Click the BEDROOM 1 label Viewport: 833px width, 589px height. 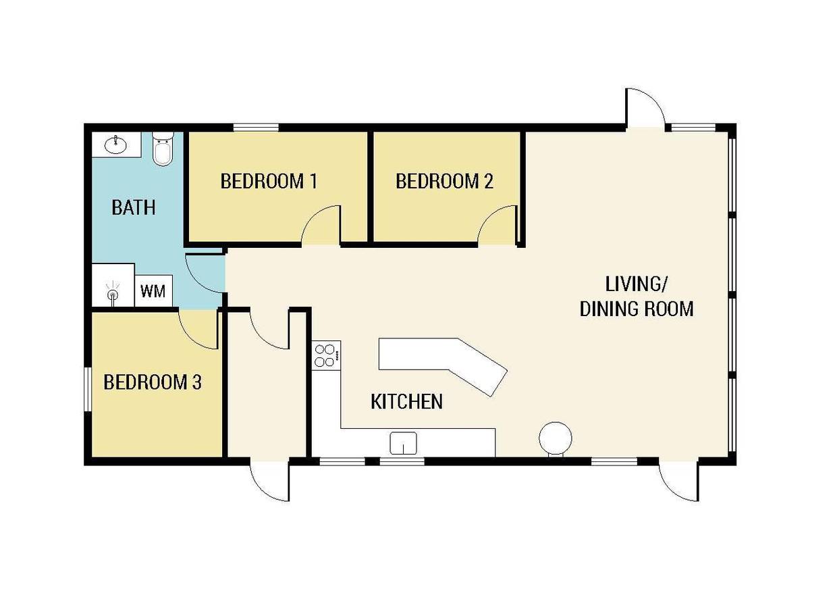point(269,181)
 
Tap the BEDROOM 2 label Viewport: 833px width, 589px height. point(444,181)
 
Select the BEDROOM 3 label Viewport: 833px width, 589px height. point(153,382)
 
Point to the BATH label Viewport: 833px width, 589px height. point(134,207)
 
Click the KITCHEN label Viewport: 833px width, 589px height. point(407,401)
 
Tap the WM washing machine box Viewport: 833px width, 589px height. point(153,290)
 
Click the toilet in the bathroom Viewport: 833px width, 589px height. point(163,149)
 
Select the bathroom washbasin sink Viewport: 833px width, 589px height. point(115,145)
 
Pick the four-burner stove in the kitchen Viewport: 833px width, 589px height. point(326,355)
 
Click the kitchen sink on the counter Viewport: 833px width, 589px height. point(403,443)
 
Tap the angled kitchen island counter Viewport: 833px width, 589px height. point(443,363)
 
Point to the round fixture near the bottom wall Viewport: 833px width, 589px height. point(556,438)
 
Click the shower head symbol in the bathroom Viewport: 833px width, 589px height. point(113,292)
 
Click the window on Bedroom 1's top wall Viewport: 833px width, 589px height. point(256,128)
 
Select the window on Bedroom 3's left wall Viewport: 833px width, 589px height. point(88,390)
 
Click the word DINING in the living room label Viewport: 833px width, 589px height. point(608,309)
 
